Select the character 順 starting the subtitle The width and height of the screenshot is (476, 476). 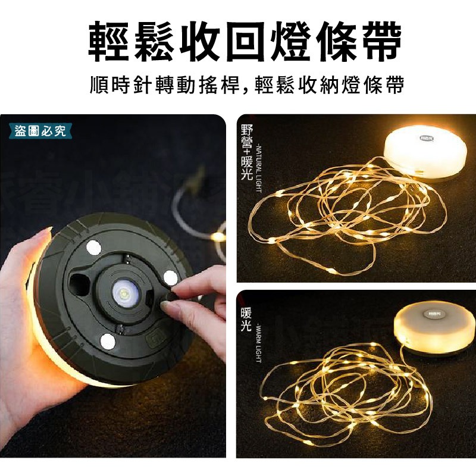point(99,84)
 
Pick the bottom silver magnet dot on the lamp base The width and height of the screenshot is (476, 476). point(107,342)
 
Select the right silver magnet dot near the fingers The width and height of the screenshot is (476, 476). point(171,277)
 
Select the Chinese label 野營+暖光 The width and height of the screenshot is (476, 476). point(246,152)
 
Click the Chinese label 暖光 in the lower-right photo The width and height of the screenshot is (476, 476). point(246,318)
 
